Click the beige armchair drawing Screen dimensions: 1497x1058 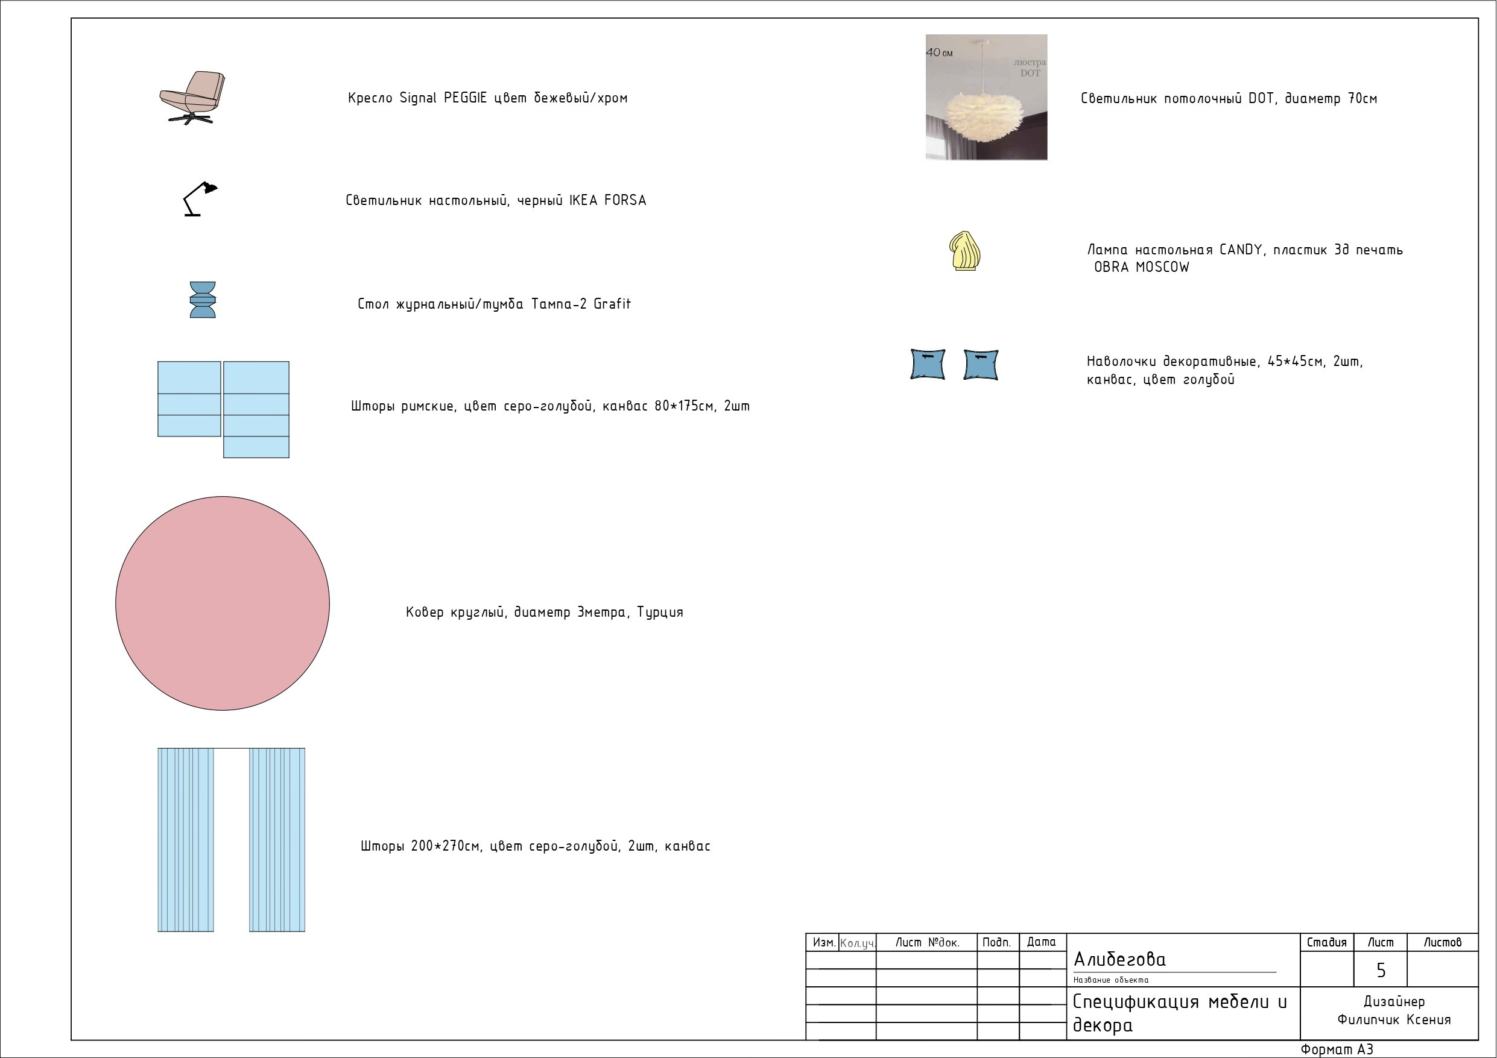[192, 98]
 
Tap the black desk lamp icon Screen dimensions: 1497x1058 [200, 199]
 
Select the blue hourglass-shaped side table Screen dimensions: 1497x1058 [202, 300]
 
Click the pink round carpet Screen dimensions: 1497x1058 [223, 603]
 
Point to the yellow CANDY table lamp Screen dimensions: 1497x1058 [965, 251]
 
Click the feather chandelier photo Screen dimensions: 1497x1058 [986, 97]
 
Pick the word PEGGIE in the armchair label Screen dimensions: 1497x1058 [465, 98]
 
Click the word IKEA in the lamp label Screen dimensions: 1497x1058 [583, 200]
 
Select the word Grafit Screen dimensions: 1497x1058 [612, 304]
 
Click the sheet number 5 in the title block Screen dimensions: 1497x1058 [1380, 971]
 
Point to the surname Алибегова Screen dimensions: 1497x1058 [1119, 959]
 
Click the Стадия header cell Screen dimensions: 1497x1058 [1327, 943]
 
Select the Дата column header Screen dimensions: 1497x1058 [1041, 942]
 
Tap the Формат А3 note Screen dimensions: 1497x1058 [1337, 1050]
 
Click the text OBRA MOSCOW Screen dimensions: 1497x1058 [1142, 267]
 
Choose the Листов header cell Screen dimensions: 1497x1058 [1442, 943]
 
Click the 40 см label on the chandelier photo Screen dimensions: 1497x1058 [939, 52]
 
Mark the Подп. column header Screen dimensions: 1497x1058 [997, 943]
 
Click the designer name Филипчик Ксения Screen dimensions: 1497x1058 [1394, 1019]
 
